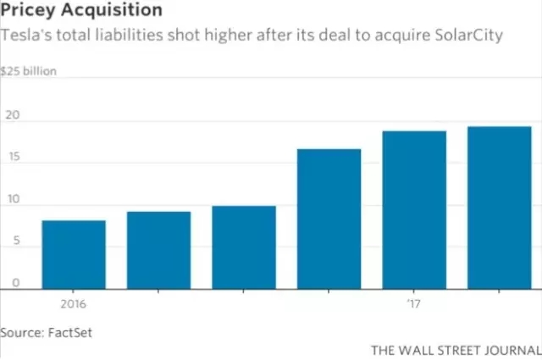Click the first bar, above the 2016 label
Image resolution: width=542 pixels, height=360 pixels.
(74, 254)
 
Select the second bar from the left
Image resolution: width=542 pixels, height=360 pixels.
(158, 250)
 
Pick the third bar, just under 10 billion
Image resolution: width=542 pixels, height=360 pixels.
(243, 246)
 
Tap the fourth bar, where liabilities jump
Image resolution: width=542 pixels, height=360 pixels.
(329, 219)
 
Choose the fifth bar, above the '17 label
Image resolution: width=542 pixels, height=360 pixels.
(413, 209)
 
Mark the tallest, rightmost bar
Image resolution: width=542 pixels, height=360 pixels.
(499, 208)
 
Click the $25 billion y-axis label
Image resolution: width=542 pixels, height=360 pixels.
(29, 72)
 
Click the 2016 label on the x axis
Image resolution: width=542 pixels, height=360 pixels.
(74, 301)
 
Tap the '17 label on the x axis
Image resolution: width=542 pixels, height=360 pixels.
(413, 301)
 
